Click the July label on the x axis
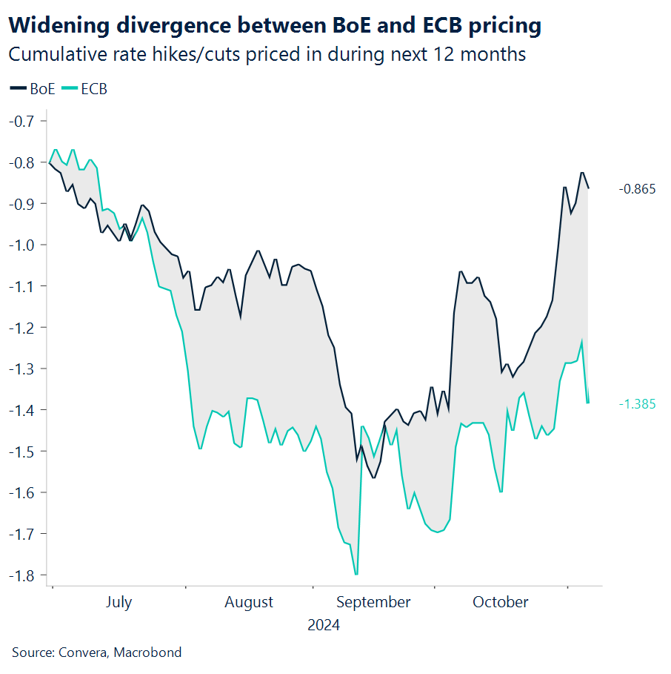[x=118, y=602]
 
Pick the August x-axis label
[x=249, y=602]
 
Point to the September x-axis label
[x=373, y=602]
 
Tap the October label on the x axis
[x=501, y=602]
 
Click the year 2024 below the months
[x=324, y=625]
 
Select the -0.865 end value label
[x=637, y=189]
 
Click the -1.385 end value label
[x=637, y=404]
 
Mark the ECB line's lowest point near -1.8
[x=356, y=574]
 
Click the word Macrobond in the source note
[x=148, y=652]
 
